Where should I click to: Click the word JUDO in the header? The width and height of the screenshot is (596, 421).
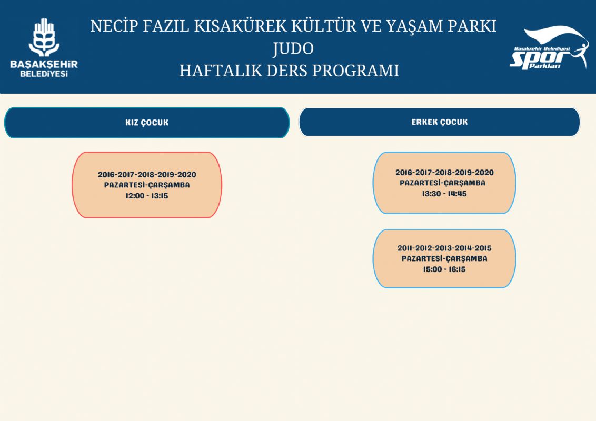tap(293, 48)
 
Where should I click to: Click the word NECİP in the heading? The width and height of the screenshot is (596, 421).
tap(114, 26)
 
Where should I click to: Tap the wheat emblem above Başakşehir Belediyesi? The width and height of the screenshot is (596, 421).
tap(44, 37)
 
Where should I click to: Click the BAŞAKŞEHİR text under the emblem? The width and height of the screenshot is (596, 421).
tap(44, 64)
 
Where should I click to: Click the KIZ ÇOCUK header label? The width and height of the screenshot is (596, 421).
tap(147, 123)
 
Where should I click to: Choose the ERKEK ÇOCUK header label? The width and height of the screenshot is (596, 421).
tap(440, 122)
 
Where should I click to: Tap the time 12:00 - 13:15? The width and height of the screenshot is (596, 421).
tap(147, 196)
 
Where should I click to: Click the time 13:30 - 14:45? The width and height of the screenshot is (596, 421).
tap(444, 194)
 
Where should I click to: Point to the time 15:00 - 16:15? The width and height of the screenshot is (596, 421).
tap(444, 269)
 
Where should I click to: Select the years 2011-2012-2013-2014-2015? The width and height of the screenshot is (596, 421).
tap(444, 248)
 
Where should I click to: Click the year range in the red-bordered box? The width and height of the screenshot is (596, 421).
tap(147, 175)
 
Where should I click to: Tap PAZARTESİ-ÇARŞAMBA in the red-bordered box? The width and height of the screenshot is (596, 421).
tap(147, 185)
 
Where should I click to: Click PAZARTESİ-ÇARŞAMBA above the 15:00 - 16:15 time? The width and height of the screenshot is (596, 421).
tap(444, 258)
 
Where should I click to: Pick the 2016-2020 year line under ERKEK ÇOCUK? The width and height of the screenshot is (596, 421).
tap(444, 173)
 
